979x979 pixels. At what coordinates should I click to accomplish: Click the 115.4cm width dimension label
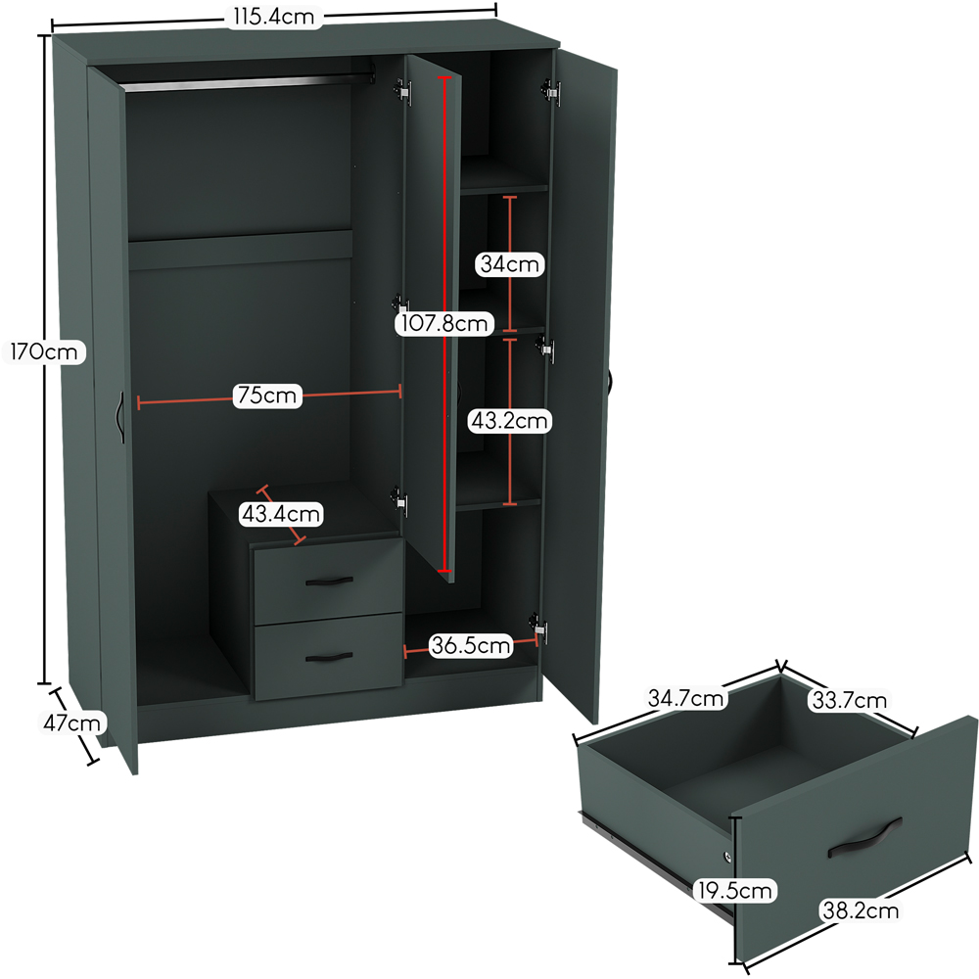click(x=274, y=17)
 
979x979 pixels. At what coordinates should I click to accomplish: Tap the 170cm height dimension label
click(x=44, y=352)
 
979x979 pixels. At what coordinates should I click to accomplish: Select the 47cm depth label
click(x=71, y=723)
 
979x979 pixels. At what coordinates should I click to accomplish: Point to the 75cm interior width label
click(x=267, y=396)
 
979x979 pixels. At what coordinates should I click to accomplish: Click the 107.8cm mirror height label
click(x=443, y=323)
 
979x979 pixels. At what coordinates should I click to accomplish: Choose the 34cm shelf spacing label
click(x=509, y=264)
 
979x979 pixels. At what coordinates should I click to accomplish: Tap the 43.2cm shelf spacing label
click(x=509, y=421)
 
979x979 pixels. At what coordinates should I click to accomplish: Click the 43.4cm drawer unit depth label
click(x=281, y=514)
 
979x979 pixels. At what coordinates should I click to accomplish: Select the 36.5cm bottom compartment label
click(x=471, y=645)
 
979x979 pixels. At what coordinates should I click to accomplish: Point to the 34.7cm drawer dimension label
click(x=685, y=697)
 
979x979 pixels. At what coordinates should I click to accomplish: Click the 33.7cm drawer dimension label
click(x=849, y=700)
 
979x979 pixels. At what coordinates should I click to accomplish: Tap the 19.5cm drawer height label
click(x=735, y=890)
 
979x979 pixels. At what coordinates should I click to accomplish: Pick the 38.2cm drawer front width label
click(x=861, y=910)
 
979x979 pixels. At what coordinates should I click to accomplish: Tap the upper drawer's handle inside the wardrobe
click(x=330, y=582)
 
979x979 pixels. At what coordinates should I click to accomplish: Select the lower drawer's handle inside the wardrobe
click(x=330, y=657)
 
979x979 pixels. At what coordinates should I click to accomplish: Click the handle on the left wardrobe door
click(x=119, y=418)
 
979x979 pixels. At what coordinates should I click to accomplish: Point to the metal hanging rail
click(x=248, y=82)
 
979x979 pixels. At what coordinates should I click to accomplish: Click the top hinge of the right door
click(x=550, y=92)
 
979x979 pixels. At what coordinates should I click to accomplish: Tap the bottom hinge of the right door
click(x=538, y=629)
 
